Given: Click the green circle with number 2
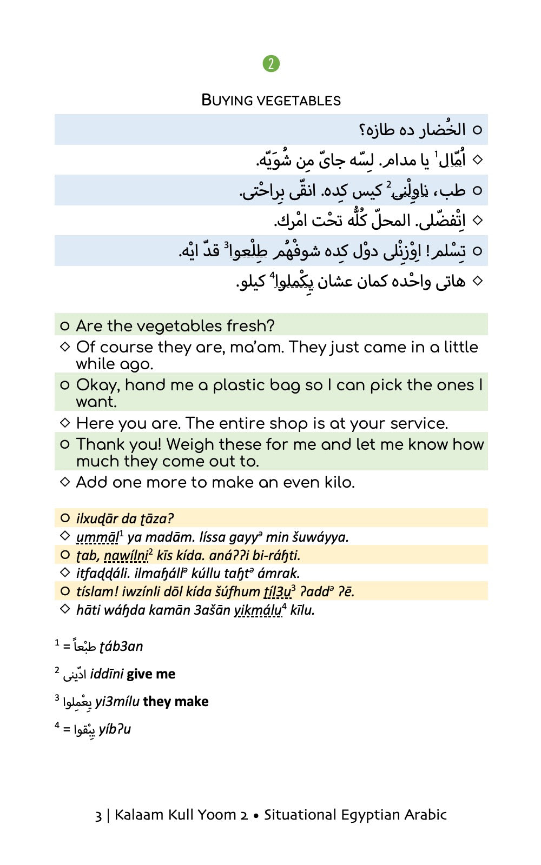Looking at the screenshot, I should click(x=271, y=64).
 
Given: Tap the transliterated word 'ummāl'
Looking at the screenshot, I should click(x=97, y=537).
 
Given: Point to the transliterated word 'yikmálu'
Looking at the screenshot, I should click(x=258, y=610).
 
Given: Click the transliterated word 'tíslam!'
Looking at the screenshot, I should click(x=95, y=592).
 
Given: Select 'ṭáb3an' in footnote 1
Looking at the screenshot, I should click(x=121, y=647).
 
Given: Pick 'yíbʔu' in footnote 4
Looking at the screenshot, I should click(x=115, y=729).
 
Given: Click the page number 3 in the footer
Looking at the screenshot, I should click(x=98, y=815).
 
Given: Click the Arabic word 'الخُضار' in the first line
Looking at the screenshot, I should click(x=441, y=130).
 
